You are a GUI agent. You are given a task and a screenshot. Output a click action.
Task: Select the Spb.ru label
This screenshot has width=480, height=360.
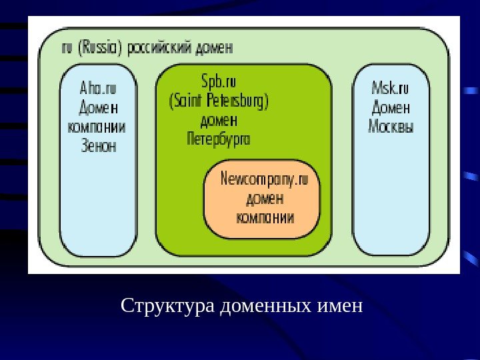pos(219,83)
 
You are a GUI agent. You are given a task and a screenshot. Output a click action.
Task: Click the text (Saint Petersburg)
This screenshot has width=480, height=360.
pos(219,102)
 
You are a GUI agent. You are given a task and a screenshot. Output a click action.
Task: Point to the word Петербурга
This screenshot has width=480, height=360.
pos(219,139)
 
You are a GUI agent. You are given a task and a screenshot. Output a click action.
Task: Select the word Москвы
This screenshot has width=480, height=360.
pos(391,126)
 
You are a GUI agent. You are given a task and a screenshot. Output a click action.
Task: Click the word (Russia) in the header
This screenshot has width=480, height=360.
pos(101,48)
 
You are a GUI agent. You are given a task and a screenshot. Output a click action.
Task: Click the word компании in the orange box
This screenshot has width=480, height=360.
pos(265,217)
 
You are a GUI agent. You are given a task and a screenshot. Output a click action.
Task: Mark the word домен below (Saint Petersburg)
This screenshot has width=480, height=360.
pos(219,121)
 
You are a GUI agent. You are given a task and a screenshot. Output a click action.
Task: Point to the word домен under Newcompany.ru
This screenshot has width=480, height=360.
pos(265,198)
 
